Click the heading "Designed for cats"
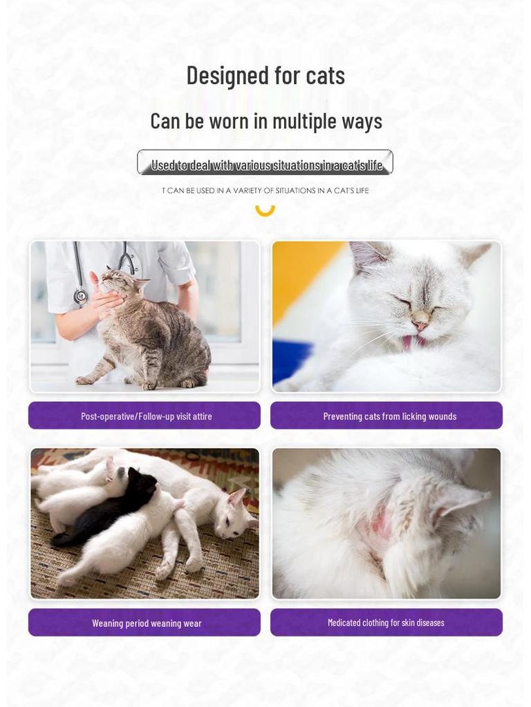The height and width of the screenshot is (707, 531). coord(265,75)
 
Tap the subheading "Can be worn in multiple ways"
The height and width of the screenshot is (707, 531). coord(265,121)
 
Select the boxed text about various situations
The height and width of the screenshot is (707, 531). coord(265,164)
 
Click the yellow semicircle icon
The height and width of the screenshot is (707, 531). coord(265,209)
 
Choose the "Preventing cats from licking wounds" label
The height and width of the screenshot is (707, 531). coord(386,416)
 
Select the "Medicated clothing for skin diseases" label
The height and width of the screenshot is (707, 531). coord(386,623)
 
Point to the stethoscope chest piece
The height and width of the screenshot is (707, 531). coord(81,297)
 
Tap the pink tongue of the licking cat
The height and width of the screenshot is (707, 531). coord(418,341)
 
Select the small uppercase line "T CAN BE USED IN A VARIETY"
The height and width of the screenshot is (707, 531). coord(265,191)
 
